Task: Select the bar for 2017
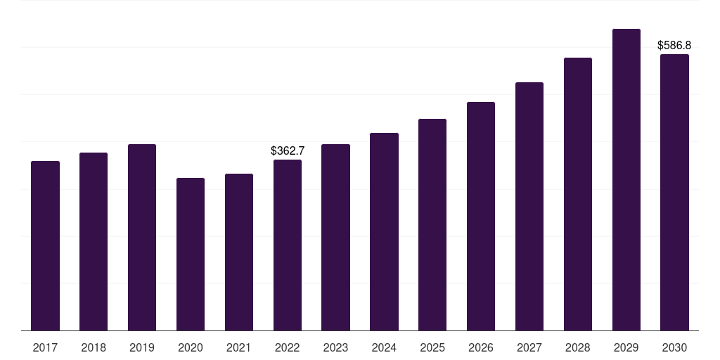pos(45,245)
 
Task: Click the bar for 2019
pos(142,238)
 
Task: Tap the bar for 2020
pos(191,255)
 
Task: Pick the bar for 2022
pos(288,245)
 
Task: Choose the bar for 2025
pos(432,224)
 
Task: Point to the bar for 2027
pos(529,207)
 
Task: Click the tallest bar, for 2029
pos(626,179)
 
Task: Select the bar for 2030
pos(674,193)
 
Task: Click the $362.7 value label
pos(288,150)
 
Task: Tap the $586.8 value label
pos(674,45)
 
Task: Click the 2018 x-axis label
pos(94,348)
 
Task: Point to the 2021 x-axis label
pos(239,348)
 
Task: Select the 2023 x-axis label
pos(335,348)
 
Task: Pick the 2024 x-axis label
pos(384,348)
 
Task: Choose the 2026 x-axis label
pos(481,348)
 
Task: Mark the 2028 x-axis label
pos(578,348)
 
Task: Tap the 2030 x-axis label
pos(674,348)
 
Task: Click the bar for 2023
pos(335,238)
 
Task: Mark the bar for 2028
pos(578,194)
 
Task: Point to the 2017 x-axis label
pos(45,348)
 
